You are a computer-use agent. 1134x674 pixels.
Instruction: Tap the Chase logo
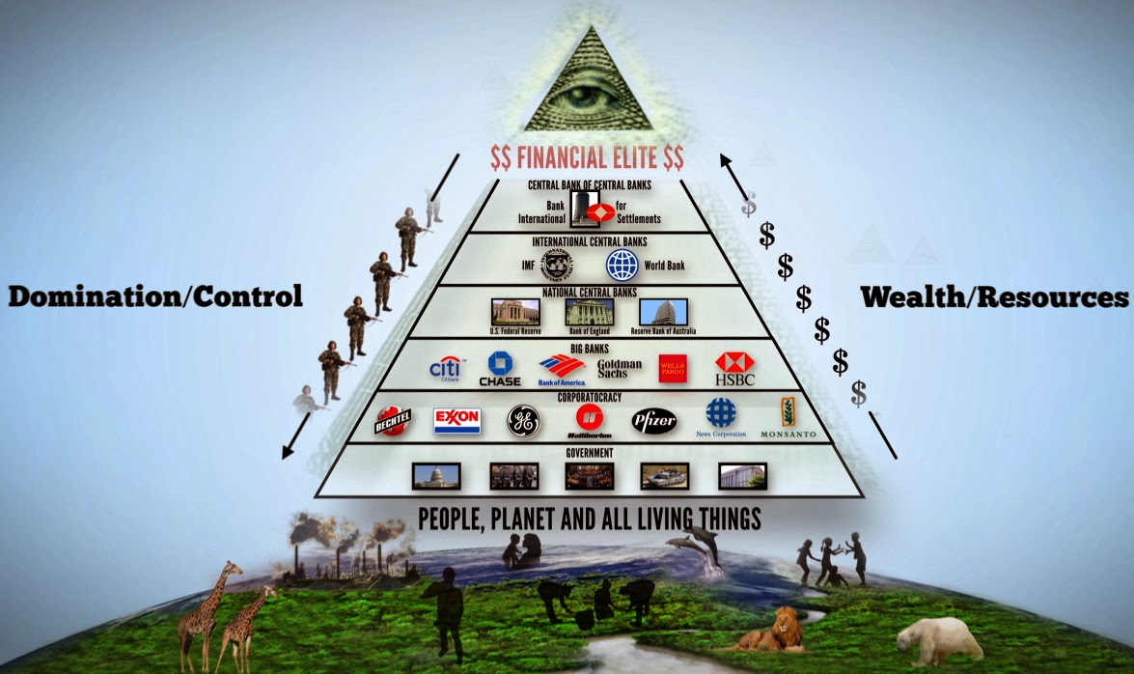499,369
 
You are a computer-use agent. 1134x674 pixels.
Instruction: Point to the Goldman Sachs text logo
619,369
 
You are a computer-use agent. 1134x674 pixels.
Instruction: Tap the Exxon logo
456,420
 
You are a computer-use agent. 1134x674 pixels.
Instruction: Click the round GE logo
523,421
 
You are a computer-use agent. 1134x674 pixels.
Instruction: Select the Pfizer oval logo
654,421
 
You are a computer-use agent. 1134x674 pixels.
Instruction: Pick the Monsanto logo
787,420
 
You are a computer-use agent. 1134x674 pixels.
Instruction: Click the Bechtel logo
393,421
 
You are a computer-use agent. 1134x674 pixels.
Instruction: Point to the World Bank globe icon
622,264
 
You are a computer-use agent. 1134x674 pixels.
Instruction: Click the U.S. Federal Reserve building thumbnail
515,312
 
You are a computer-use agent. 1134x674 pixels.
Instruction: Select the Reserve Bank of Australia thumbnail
663,312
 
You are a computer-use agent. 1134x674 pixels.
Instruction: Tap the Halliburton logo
590,421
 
